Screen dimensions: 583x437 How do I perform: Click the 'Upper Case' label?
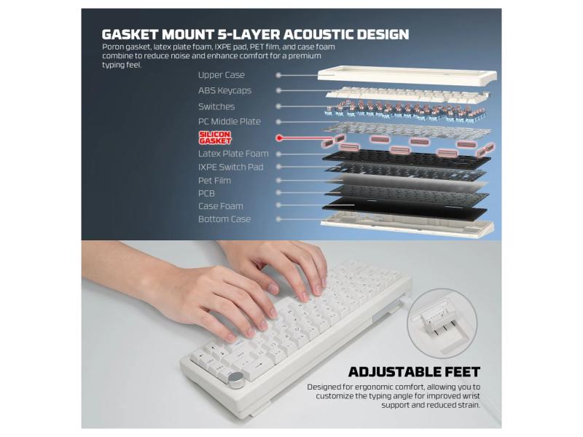(222, 75)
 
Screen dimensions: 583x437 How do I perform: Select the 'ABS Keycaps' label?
(224, 90)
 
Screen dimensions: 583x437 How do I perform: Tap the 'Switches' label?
(216, 106)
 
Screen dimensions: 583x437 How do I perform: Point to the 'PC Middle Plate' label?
(229, 122)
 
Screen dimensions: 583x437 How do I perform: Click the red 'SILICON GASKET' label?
(215, 138)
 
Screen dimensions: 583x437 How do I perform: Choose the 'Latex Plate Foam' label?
(233, 154)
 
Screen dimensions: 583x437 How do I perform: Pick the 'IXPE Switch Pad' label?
(230, 168)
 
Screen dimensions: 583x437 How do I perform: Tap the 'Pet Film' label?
(214, 181)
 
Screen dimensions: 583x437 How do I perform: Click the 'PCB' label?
(206, 194)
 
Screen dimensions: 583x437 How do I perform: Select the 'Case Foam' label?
(221, 206)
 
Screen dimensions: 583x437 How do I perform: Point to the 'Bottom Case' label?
(224, 219)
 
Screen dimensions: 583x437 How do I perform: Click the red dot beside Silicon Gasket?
(279, 138)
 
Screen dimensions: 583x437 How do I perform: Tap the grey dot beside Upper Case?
(278, 75)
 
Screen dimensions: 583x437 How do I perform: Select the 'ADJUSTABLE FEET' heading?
(414, 372)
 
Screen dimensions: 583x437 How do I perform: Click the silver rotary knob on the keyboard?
(236, 379)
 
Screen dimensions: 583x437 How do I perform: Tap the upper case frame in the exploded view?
(407, 75)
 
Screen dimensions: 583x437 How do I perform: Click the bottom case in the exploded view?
(407, 224)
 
